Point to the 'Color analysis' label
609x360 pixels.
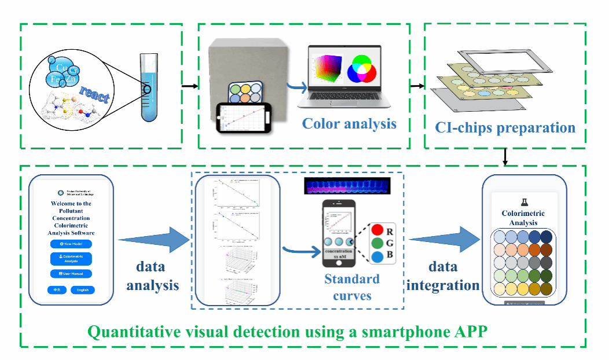(350, 123)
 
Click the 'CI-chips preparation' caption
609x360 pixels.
(505, 127)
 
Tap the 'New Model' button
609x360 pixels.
(71, 244)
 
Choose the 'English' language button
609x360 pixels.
(82, 289)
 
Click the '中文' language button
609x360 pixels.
(57, 289)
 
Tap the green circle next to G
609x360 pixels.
(376, 242)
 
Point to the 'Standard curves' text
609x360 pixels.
(351, 287)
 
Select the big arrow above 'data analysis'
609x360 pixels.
(154, 238)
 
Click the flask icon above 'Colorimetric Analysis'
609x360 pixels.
(524, 202)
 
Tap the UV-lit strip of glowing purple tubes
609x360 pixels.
(347, 186)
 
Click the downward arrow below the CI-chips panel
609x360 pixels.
(506, 156)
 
